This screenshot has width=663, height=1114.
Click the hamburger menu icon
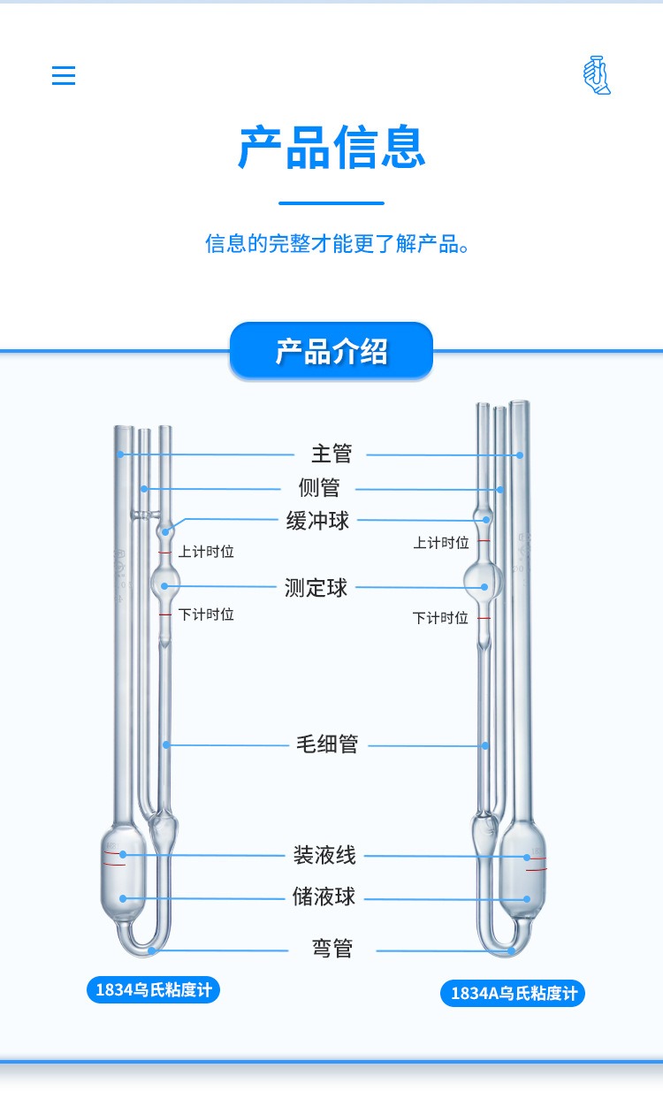click(64, 75)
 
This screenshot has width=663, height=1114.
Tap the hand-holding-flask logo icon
click(597, 75)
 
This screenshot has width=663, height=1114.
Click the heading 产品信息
click(331, 148)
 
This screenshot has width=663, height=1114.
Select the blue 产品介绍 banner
click(331, 351)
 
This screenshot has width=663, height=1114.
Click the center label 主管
click(331, 454)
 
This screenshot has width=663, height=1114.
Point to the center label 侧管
click(319, 488)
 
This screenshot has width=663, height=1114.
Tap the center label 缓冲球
click(318, 521)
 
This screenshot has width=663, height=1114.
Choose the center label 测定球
click(316, 588)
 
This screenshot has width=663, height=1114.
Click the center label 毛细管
click(327, 744)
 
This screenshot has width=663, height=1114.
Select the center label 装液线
click(324, 855)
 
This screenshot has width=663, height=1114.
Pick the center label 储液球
click(324, 897)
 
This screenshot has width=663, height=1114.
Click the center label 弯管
click(332, 950)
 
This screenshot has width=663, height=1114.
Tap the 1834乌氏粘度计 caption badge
click(153, 989)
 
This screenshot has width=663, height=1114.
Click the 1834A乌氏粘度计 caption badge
click(513, 993)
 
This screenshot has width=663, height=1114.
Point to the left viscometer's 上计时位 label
click(206, 552)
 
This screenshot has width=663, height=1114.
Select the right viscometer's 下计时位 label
click(440, 618)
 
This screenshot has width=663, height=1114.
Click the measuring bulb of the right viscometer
click(483, 581)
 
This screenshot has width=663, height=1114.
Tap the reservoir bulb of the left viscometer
click(122, 875)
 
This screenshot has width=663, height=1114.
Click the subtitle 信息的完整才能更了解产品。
click(337, 243)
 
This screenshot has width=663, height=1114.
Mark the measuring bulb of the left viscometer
click(165, 583)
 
